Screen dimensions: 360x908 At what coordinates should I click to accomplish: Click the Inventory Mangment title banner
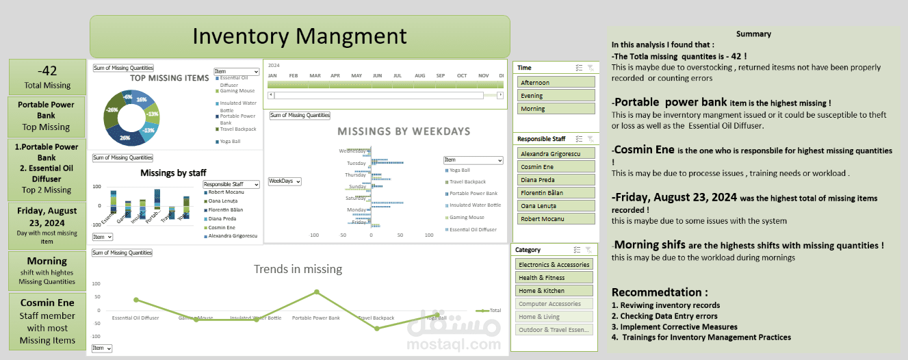point(300,36)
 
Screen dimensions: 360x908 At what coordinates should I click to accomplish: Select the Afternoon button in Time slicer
point(556,83)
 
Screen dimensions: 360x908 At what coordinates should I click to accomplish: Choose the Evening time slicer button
point(556,96)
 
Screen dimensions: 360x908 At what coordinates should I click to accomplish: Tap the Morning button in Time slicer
point(556,109)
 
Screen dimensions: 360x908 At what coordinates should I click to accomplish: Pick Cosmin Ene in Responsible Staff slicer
point(556,167)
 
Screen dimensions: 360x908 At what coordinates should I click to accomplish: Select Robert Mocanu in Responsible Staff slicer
point(556,219)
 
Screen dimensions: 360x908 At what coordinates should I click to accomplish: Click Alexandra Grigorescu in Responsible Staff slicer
point(556,154)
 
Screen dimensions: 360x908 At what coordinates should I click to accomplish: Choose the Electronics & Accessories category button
point(554,265)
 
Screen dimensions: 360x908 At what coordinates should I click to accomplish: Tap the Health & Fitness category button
point(554,278)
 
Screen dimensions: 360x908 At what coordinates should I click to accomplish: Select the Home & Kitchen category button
point(554,291)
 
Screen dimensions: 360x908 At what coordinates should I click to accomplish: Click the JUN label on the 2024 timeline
point(377,75)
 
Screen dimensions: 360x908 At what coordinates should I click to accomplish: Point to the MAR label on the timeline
point(315,75)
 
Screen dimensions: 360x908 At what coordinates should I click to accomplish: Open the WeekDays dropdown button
point(285,181)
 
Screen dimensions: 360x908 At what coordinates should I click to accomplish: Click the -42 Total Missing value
point(48,70)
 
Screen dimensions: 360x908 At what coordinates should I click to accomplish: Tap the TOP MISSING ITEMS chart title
point(170,78)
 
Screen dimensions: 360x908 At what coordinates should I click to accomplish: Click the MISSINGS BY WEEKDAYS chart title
point(404,131)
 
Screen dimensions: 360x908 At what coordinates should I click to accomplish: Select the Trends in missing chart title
point(298,269)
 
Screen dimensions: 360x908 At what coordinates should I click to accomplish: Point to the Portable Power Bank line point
point(316,292)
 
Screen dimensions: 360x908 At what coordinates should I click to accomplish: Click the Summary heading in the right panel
point(753,34)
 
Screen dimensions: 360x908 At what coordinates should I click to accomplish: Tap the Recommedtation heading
point(660,292)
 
